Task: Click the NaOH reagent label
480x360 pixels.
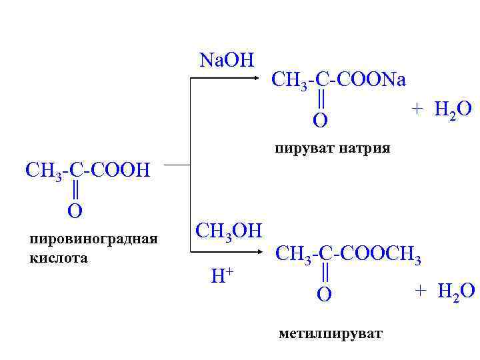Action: tap(227, 60)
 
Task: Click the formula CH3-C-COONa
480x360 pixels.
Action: tap(339, 81)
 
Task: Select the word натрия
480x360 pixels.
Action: tap(362, 147)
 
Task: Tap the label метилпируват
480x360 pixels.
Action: tap(331, 333)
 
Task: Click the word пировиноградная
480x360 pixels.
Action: tap(93, 239)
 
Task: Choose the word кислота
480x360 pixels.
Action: tap(59, 257)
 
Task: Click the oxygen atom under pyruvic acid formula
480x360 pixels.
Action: tap(75, 211)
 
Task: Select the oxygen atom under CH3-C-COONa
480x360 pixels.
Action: tap(321, 121)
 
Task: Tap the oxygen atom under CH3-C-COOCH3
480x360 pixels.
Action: tap(324, 294)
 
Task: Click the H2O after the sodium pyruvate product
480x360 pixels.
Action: tap(453, 109)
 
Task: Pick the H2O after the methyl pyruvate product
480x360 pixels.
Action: tap(456, 291)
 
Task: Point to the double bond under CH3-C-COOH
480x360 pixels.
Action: tap(75, 191)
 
